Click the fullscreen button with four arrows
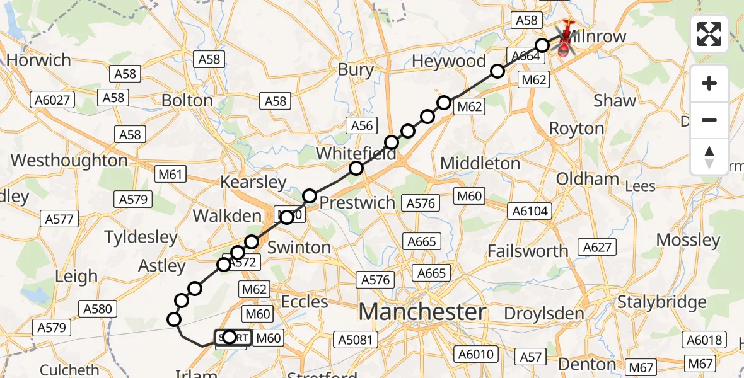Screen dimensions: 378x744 click(709, 34)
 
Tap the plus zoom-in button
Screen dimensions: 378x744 click(709, 83)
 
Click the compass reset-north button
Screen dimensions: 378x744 click(709, 157)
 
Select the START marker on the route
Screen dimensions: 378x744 click(233, 338)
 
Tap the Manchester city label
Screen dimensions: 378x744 click(422, 312)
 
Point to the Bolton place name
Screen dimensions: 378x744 click(187, 100)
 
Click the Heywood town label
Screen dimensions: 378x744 click(449, 61)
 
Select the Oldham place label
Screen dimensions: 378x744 click(588, 179)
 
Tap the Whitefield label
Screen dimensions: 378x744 click(356, 153)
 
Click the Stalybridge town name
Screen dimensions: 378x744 click(661, 302)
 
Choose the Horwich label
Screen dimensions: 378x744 click(39, 60)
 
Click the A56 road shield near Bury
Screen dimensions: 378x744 click(362, 125)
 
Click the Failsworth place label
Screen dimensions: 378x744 click(528, 251)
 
